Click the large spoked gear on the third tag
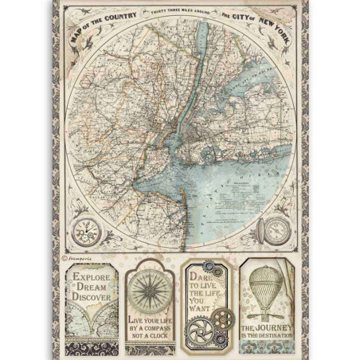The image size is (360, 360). pyautogui.click(x=201, y=330)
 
